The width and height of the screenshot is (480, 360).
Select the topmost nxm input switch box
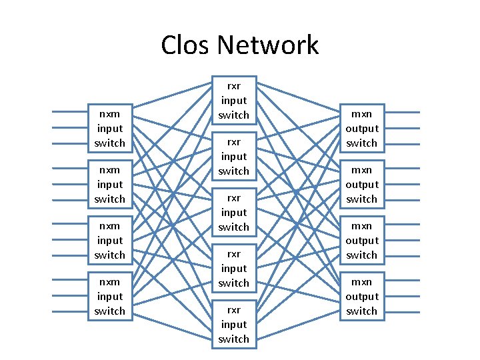point(109,128)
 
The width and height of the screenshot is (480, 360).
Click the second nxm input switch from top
point(109,184)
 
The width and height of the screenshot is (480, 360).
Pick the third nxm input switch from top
point(109,240)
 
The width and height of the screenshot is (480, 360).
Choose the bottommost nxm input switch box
point(109,296)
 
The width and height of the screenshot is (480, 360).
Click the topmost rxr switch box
point(233,100)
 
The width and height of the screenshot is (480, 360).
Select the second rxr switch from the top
point(233,156)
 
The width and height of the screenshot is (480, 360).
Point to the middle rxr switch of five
point(233,212)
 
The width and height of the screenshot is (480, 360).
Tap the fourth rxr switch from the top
point(233,268)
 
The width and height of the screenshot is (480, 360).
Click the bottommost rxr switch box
point(233,324)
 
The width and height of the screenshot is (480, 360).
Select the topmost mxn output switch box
point(361,128)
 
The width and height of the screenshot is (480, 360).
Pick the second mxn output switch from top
point(361,184)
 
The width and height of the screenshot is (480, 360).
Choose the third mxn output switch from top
point(361,240)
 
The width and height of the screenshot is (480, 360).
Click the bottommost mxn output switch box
point(361,296)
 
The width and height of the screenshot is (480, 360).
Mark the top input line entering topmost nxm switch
point(70,111)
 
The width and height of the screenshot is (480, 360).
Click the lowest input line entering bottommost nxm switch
point(70,313)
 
